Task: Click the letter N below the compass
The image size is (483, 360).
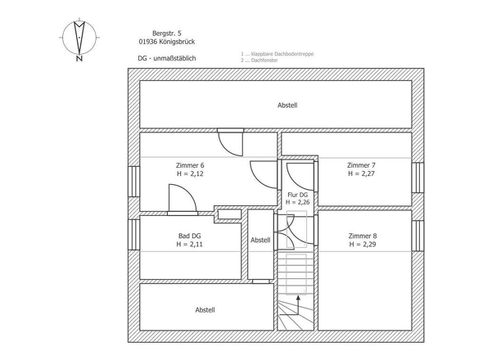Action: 79,59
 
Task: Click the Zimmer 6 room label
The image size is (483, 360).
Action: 190,164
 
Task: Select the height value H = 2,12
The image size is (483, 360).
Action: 190,173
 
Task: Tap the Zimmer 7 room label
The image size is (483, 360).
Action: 361,164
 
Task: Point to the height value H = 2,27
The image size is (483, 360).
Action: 361,173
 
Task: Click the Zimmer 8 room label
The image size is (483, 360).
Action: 363,235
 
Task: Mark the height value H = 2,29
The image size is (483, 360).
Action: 363,244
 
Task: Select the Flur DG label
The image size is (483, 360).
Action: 297,193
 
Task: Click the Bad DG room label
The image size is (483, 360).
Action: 190,235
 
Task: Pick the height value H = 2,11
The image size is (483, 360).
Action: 190,244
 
